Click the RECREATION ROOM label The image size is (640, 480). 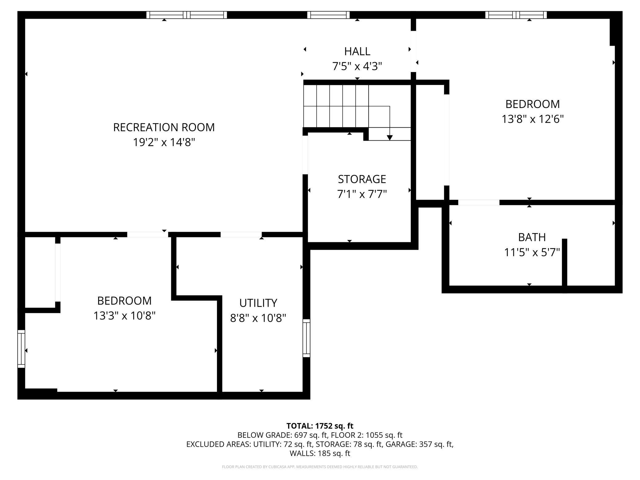(164, 127)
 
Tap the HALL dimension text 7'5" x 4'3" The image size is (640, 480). (357, 66)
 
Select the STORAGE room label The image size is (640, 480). (362, 179)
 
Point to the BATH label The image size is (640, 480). (532, 237)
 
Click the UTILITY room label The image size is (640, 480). (258, 303)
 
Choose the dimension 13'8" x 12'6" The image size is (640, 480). (533, 119)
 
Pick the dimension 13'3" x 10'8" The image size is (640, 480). (124, 316)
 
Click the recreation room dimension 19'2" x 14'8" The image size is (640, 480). (164, 142)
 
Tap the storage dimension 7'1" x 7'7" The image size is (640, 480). (362, 194)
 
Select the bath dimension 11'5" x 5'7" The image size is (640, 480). (532, 253)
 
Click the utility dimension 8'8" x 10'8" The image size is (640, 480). (258, 318)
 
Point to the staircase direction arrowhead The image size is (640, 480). (390, 138)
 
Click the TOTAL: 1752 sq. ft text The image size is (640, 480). (320, 426)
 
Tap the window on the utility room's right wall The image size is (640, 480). (306, 338)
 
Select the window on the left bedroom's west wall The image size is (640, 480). (21, 349)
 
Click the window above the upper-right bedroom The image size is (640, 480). (516, 15)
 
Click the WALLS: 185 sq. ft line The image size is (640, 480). (320, 453)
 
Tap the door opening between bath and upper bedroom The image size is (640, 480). (479, 202)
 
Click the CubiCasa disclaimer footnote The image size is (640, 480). (320, 467)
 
